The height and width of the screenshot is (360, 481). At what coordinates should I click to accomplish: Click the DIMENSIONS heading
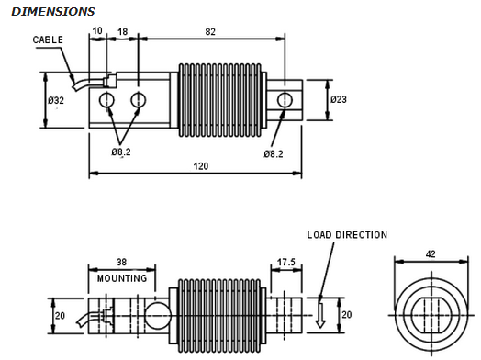(x=52, y=12)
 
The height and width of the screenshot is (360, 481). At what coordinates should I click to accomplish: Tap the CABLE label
(x=48, y=39)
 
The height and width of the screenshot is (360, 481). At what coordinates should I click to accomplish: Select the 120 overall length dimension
(x=201, y=166)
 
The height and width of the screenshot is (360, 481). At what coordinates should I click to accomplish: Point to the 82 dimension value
(x=210, y=31)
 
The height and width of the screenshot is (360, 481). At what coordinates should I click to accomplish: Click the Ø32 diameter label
(x=56, y=100)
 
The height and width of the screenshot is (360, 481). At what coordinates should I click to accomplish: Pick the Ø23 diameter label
(x=339, y=99)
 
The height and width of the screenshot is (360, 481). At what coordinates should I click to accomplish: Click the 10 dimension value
(x=97, y=31)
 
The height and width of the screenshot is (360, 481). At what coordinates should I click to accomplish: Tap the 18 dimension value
(x=123, y=31)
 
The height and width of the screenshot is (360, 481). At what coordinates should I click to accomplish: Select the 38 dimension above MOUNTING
(x=121, y=262)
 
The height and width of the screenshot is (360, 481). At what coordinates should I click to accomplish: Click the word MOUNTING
(x=122, y=278)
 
